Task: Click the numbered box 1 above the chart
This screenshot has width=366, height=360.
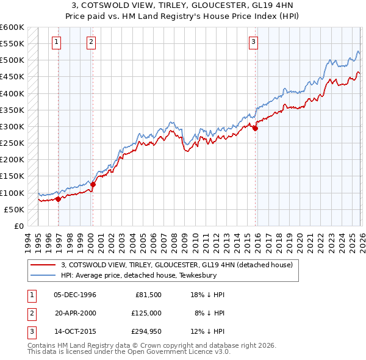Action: coord(56,42)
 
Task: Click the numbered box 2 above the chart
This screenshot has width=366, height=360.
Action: coord(91,42)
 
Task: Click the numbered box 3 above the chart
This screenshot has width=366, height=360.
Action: coord(253,42)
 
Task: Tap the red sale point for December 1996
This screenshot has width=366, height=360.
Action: coord(58,198)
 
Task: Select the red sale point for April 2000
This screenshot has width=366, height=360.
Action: coord(93,184)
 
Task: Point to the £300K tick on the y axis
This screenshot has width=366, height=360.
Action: coord(12,126)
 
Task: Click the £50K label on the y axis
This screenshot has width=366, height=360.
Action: coord(15,209)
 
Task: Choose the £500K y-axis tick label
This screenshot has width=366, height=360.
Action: coord(12,60)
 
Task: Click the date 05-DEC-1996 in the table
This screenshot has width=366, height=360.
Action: coord(75,295)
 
